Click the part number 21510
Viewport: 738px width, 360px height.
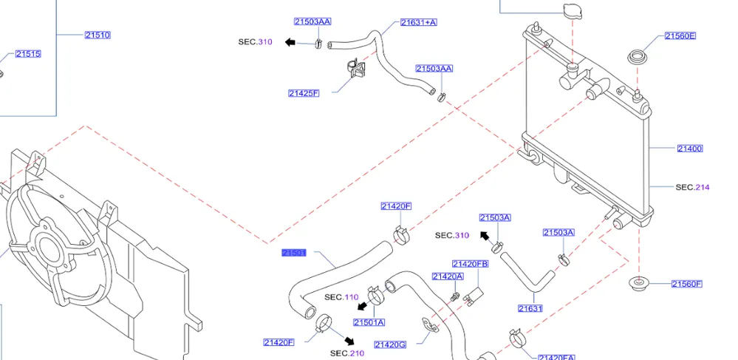tap(97, 35)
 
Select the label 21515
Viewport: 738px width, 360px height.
tap(28, 54)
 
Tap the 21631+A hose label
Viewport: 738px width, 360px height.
tap(418, 22)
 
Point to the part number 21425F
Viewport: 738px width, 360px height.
tap(304, 93)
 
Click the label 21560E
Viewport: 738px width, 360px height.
tap(680, 36)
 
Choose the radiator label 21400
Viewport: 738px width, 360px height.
tap(689, 149)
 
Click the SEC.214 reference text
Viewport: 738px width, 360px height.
tap(692, 188)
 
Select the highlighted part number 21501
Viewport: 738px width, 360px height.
tap(294, 253)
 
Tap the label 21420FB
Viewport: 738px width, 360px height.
tap(470, 264)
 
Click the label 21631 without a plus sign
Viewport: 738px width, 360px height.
tap(530, 308)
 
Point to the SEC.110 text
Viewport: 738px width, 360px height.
tap(341, 297)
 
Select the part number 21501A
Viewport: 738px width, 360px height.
tap(369, 322)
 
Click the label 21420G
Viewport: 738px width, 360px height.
tap(390, 344)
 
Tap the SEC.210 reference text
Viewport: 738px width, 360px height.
tap(347, 353)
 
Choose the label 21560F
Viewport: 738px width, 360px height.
tap(686, 284)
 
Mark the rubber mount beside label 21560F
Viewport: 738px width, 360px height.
tap(637, 283)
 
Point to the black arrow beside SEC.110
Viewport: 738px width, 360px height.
tap(363, 305)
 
